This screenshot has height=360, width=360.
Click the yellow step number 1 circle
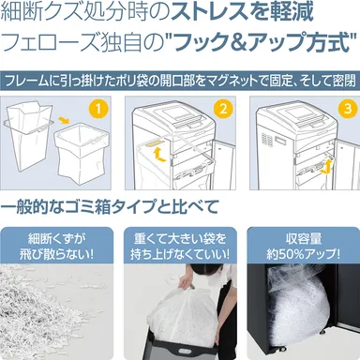click(x=97, y=110)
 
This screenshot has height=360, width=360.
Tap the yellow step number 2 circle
click(x=220, y=110)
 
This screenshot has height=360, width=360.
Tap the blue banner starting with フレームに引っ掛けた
click(x=179, y=81)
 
